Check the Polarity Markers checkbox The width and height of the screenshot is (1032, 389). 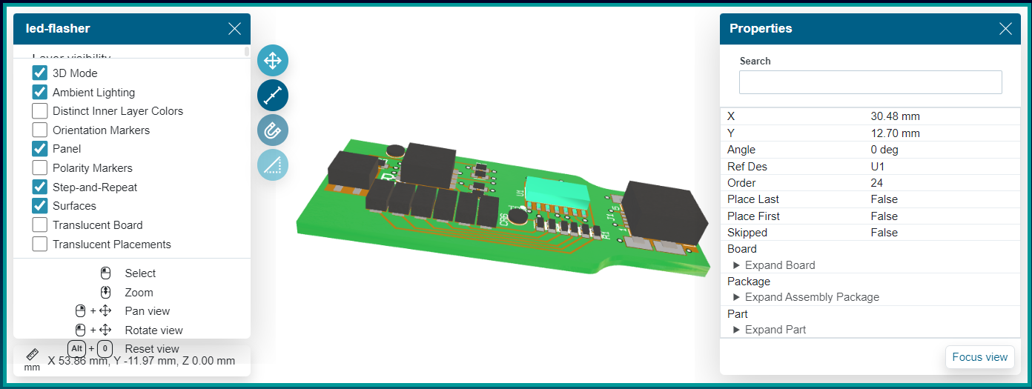[x=40, y=168]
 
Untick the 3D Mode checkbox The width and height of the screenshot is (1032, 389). [x=40, y=73]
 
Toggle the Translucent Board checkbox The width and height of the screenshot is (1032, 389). [x=40, y=225]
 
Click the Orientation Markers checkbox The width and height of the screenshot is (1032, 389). [x=40, y=130]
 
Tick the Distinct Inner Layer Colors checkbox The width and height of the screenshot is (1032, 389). [x=40, y=111]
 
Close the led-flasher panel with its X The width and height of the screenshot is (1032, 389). [x=234, y=29]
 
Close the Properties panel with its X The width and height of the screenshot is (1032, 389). [x=1005, y=29]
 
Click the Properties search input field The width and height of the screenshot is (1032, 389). [x=870, y=82]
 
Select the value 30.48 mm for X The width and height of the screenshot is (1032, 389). [x=895, y=116]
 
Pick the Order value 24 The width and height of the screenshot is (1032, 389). [x=877, y=183]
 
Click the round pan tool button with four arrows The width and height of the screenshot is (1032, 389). [x=273, y=60]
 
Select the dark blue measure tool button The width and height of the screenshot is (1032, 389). [x=273, y=95]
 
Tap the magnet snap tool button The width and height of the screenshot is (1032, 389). [x=273, y=130]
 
